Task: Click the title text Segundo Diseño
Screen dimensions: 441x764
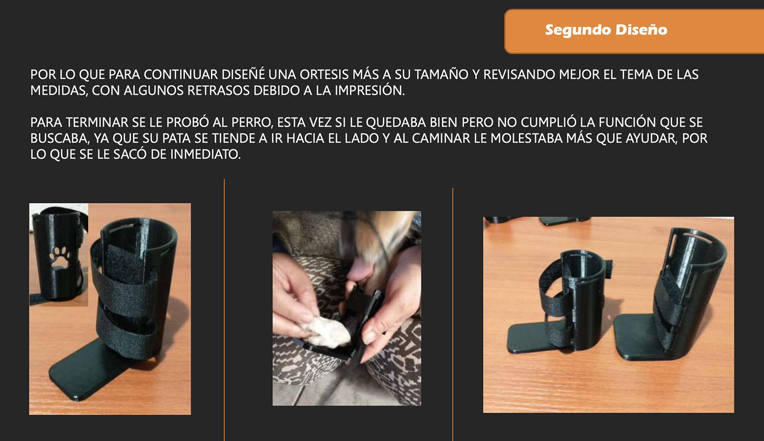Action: tap(606, 30)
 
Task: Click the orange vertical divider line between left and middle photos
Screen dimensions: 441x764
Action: tap(224, 309)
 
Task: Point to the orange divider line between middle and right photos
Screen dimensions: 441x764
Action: tap(453, 314)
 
